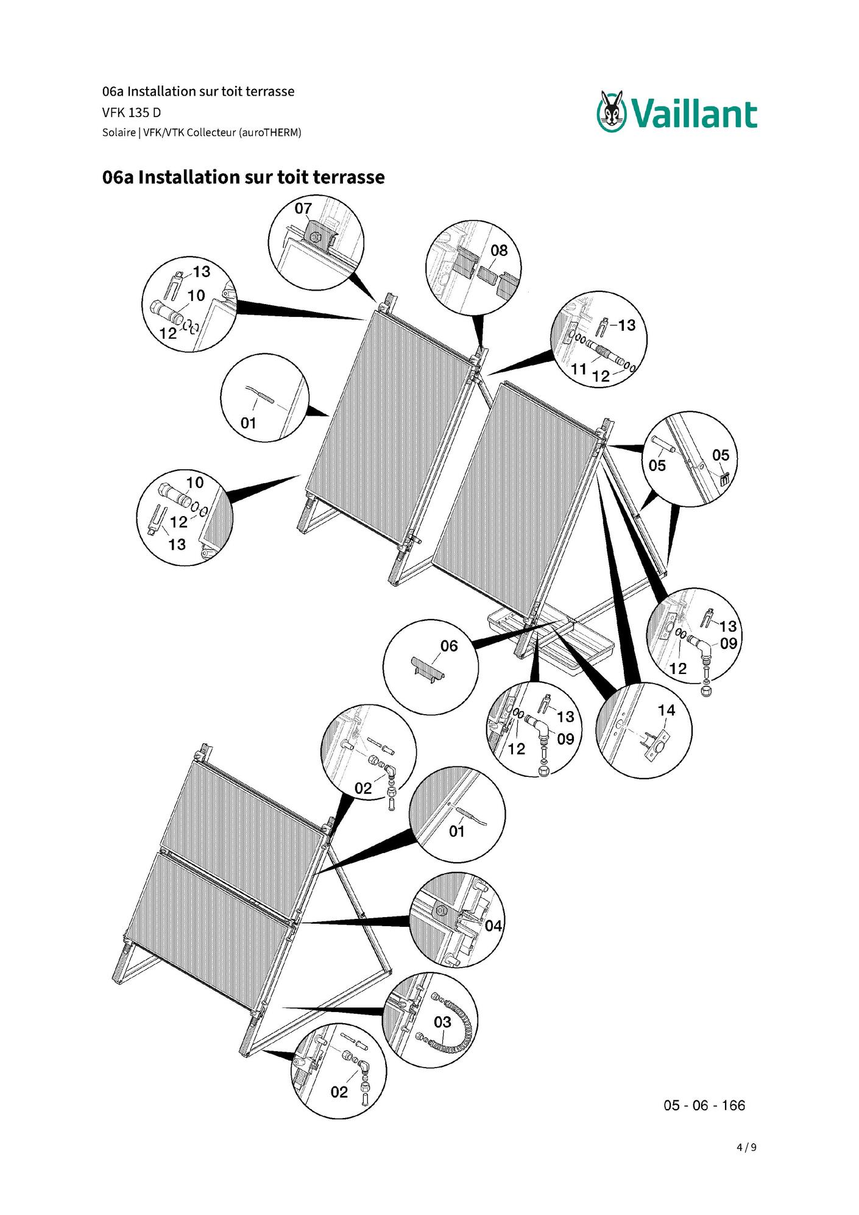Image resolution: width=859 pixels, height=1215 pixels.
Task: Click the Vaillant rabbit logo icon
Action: (612, 111)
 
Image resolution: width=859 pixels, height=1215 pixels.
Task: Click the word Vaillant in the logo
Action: (694, 115)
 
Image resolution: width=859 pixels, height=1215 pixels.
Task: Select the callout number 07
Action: (303, 208)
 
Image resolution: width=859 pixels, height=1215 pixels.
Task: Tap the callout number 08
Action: (499, 250)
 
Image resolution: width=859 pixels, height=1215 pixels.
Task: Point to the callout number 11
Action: (579, 369)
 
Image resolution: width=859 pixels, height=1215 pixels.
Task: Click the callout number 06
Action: (449, 646)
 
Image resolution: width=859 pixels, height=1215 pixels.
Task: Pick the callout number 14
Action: (666, 710)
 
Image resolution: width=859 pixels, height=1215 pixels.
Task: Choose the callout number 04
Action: (493, 926)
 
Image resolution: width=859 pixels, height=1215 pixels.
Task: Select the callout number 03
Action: (442, 1022)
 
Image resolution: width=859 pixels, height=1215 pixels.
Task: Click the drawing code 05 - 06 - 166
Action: (704, 1105)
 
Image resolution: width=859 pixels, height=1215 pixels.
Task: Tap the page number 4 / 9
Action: (746, 1147)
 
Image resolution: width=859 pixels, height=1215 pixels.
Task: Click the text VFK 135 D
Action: (132, 113)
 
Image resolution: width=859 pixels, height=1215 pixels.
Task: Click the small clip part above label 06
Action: (428, 668)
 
